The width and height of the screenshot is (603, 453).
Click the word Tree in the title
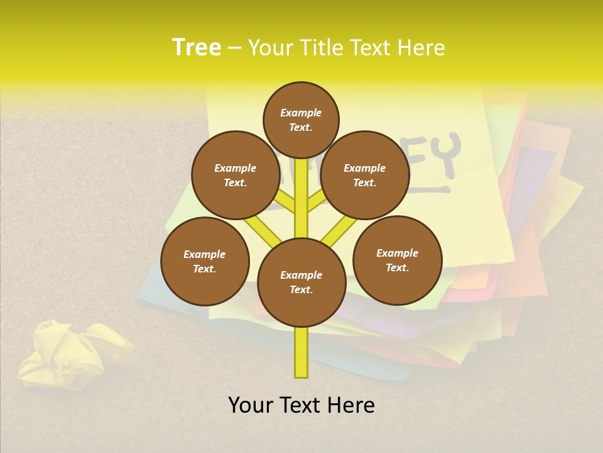pos(197,48)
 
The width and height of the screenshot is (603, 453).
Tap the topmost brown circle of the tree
pos(301,120)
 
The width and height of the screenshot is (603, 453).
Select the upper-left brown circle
pos(236,175)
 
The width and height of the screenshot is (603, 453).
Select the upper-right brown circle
pos(365,175)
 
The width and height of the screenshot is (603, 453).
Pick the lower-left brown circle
pos(205,261)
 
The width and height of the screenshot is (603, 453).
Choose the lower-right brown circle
pos(398,260)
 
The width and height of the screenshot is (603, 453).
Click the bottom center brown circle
pos(301,282)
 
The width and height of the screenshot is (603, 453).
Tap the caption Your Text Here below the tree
pos(301,405)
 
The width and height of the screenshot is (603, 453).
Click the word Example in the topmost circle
pos(301,113)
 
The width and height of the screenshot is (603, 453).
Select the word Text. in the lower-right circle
pos(397,267)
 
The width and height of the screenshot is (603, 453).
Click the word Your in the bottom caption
pos(251,405)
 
